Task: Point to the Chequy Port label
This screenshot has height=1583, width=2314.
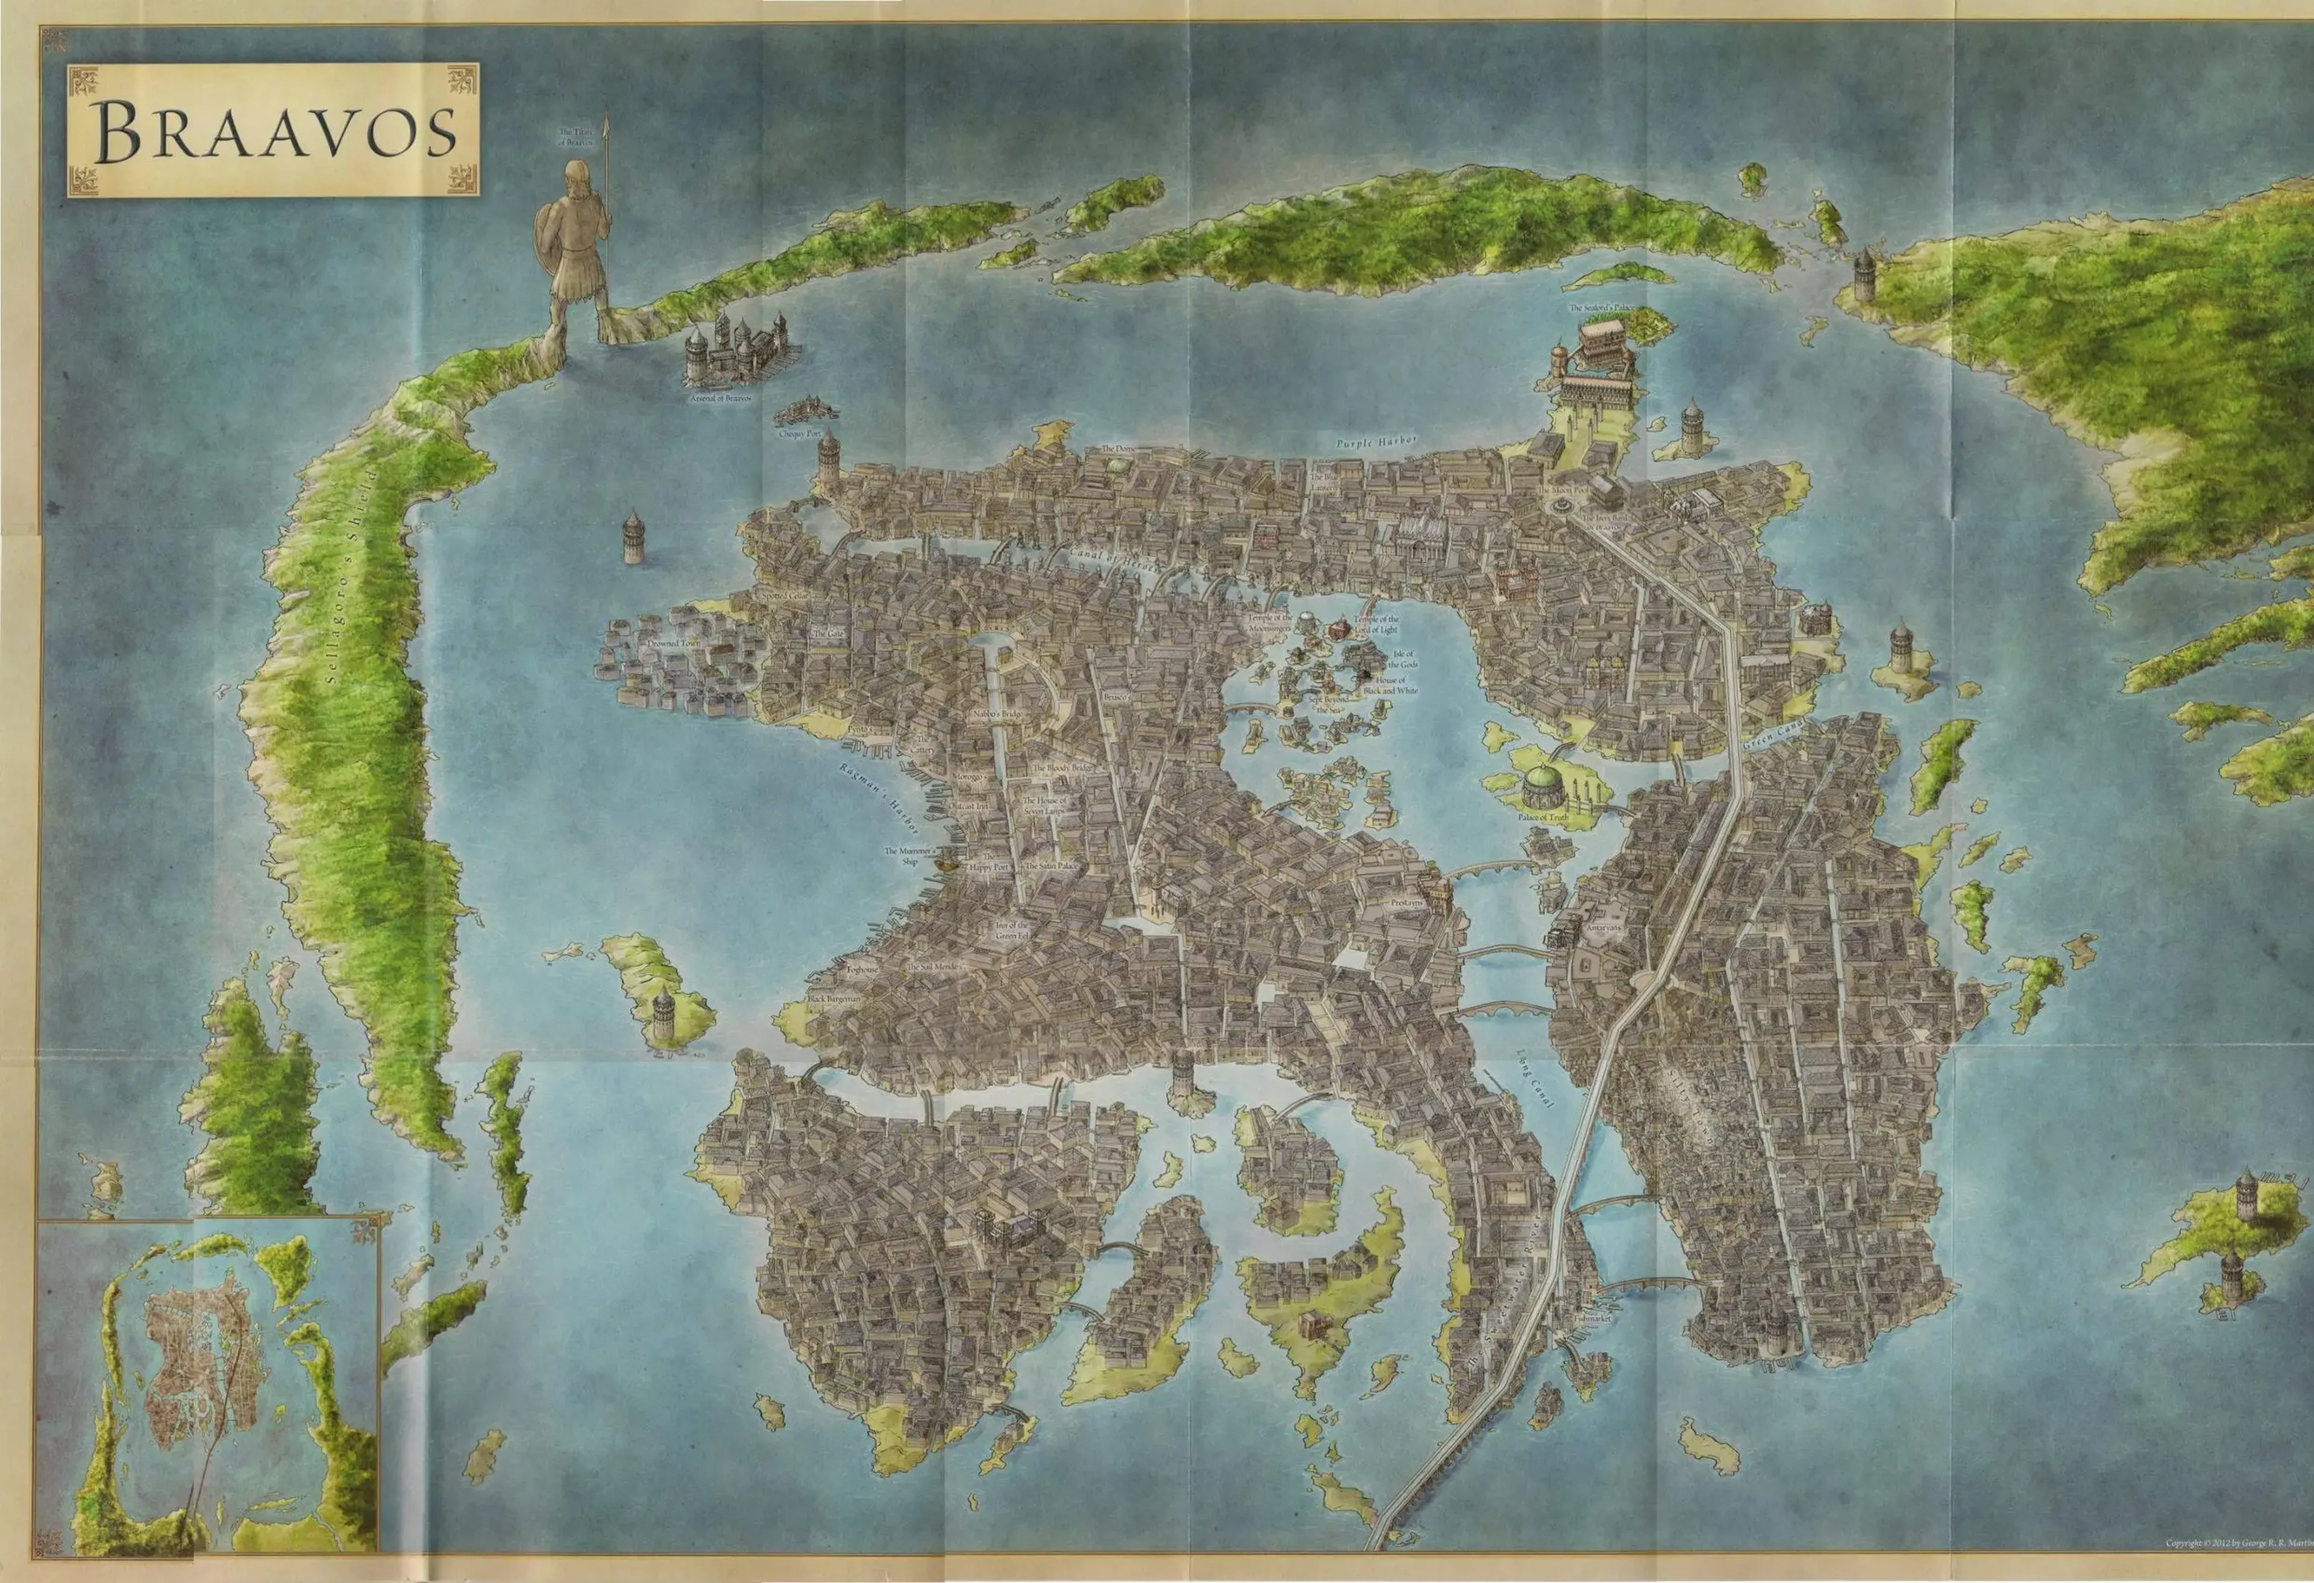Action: (x=800, y=435)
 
